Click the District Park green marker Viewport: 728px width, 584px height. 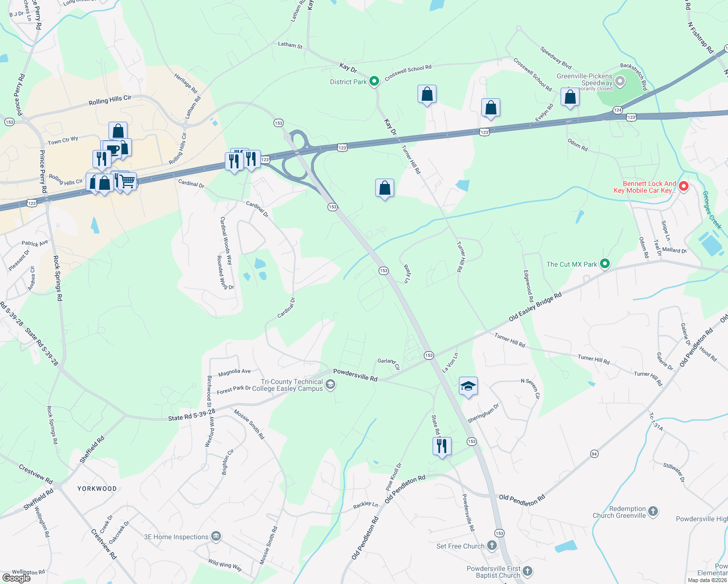[374, 81]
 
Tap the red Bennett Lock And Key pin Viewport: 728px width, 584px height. [683, 186]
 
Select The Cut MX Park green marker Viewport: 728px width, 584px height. [605, 264]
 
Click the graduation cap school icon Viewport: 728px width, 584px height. [468, 386]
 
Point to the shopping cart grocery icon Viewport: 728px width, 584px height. [128, 182]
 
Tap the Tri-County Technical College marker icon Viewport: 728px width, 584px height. [330, 385]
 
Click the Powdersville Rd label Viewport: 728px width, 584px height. [355, 375]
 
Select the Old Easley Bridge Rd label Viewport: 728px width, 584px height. [535, 307]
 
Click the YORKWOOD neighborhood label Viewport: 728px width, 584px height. [97, 489]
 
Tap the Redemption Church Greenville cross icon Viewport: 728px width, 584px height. [653, 511]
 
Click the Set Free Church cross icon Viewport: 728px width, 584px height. [492, 546]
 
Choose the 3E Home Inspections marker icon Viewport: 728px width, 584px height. [216, 536]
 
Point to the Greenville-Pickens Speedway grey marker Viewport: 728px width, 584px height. [619, 81]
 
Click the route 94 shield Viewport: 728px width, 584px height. [594, 454]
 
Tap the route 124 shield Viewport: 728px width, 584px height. [618, 110]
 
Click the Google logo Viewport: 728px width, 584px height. [17, 578]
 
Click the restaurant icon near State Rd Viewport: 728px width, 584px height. [442, 446]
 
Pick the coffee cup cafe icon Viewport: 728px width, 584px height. [112, 149]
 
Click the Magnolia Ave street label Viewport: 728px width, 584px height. [235, 372]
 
